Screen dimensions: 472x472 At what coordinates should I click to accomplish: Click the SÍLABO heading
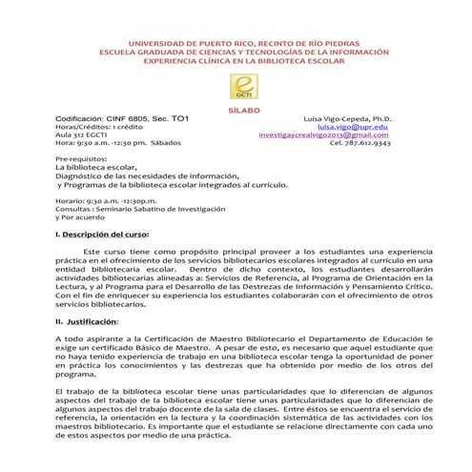pyautogui.click(x=236, y=110)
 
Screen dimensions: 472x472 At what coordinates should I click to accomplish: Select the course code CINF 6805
pyautogui.click(x=119, y=118)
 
